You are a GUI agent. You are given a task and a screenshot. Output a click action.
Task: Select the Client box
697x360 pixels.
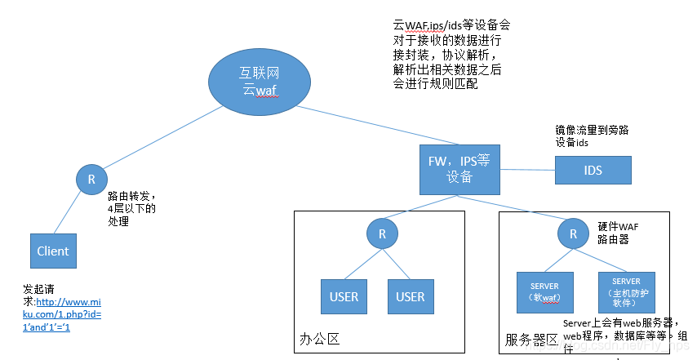[x=53, y=251]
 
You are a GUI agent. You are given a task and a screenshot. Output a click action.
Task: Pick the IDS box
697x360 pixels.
[x=593, y=170]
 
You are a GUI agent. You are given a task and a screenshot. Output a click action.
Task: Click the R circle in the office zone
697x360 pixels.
[x=382, y=234]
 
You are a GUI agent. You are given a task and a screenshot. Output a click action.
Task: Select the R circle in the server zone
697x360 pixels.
[x=573, y=234]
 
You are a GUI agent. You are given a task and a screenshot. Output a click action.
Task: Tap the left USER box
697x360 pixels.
[x=344, y=296]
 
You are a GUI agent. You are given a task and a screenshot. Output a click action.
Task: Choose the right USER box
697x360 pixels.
[x=411, y=296]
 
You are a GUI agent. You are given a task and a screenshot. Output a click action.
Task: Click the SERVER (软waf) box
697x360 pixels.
[x=544, y=291]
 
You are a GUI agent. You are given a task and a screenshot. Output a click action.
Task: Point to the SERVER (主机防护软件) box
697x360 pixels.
[x=627, y=291]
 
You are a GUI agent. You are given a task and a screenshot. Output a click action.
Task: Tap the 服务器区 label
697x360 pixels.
[x=531, y=340]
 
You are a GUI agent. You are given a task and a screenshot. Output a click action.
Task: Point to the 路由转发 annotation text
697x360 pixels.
[x=131, y=209]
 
